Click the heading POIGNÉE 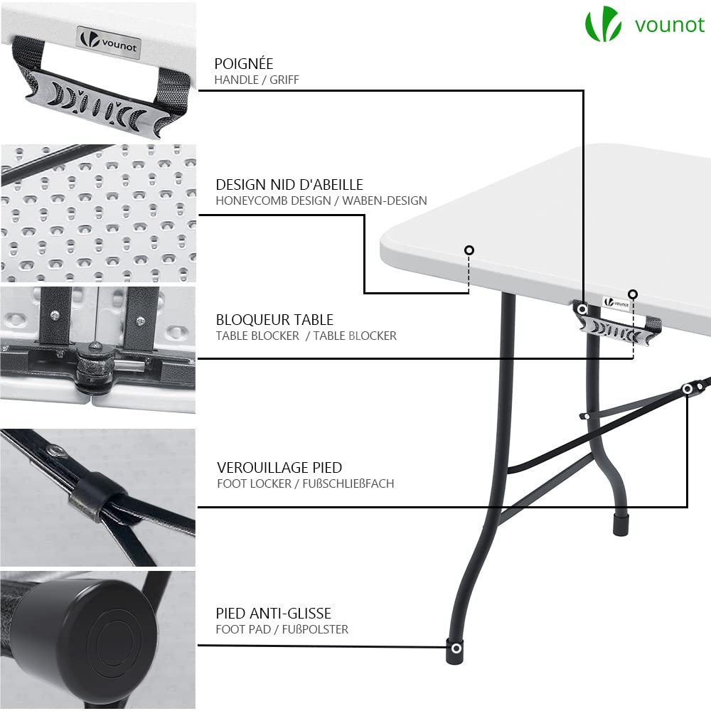click(244, 65)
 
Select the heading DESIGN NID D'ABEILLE click(289, 185)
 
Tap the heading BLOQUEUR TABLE click(274, 320)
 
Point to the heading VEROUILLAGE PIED click(279, 468)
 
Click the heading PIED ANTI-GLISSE click(274, 613)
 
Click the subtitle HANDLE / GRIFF click(257, 80)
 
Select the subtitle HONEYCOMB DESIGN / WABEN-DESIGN click(321, 201)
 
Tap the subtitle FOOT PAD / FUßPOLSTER click(282, 629)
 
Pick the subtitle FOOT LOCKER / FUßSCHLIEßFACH click(305, 484)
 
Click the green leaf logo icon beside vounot click(602, 26)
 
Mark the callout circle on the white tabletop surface click(469, 250)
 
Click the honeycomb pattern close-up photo click(97, 213)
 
